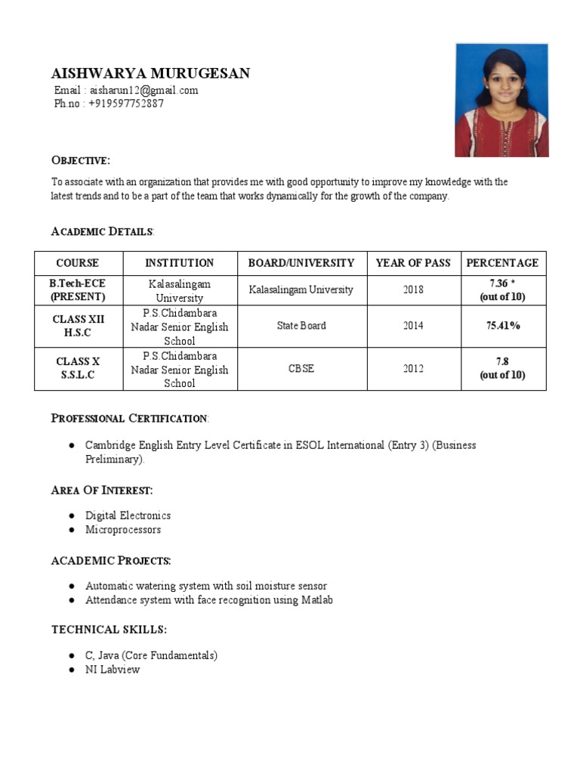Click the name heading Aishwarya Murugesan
tap(150, 73)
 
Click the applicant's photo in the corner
tap(501, 100)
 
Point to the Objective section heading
tap(80, 160)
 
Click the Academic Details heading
tap(102, 231)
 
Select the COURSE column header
tap(78, 263)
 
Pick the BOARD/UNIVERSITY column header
tap(301, 263)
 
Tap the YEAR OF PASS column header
tap(413, 263)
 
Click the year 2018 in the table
tap(413, 289)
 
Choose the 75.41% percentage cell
tap(503, 326)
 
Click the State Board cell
tap(301, 326)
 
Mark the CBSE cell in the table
tap(301, 369)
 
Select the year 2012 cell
tap(413, 369)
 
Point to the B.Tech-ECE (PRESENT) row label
tap(78, 289)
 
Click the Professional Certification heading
tap(129, 418)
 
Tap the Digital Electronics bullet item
tap(128, 515)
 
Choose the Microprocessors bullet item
tap(123, 530)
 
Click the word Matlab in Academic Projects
tap(318, 600)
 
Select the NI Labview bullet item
tap(113, 670)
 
